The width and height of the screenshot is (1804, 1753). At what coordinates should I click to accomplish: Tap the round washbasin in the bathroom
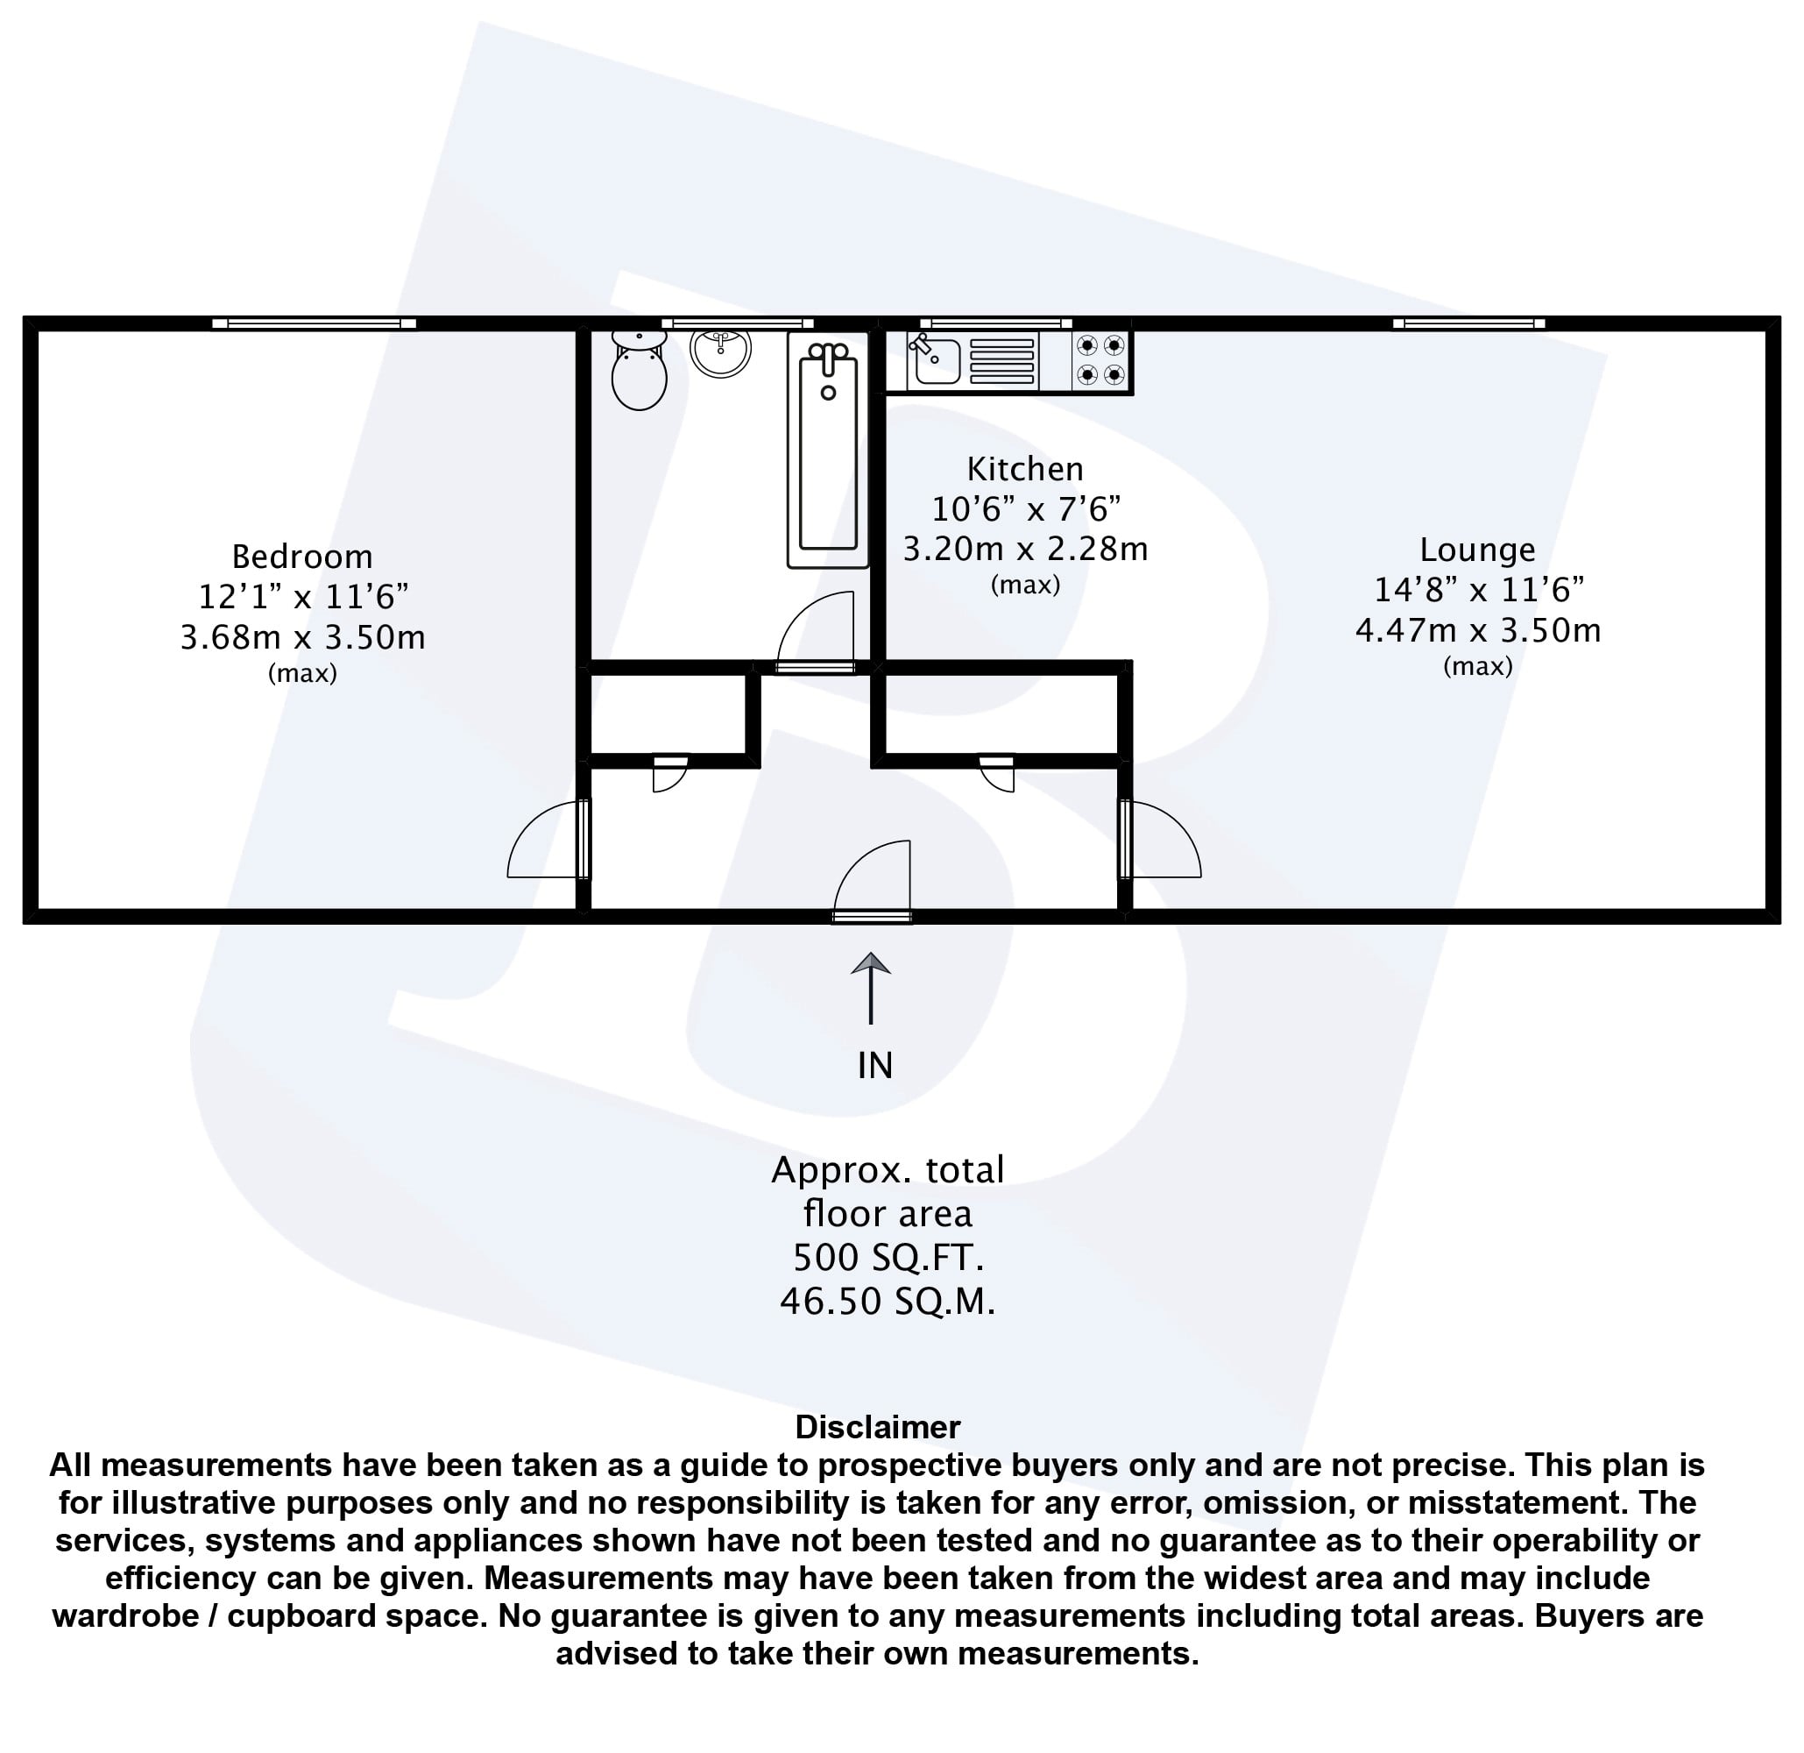click(721, 351)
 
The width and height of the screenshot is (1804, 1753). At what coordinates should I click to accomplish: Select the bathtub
click(828, 450)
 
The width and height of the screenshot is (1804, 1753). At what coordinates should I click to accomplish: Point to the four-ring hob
click(1100, 360)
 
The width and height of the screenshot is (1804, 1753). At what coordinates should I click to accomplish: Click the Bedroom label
click(302, 557)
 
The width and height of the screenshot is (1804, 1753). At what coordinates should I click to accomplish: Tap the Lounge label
click(1477, 550)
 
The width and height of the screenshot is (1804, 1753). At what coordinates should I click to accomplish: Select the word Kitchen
click(1024, 470)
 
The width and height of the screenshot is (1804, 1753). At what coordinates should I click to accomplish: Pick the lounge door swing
click(1161, 839)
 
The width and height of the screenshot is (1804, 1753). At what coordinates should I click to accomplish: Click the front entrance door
click(872, 881)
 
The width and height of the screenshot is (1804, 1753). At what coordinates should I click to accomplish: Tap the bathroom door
click(817, 633)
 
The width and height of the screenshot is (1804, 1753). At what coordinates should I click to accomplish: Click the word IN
click(874, 1066)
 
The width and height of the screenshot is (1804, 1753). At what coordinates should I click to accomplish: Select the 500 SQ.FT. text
click(888, 1257)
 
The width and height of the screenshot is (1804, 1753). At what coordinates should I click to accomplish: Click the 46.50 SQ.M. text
click(888, 1302)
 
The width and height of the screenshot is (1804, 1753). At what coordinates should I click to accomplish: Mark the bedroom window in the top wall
click(314, 323)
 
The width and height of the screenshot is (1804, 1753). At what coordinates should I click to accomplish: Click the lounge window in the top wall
click(1469, 323)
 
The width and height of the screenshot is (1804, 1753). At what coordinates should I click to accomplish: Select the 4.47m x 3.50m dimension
click(1477, 631)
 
